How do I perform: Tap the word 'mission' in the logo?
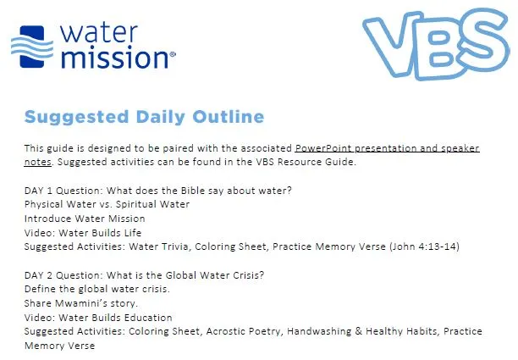point(117,57)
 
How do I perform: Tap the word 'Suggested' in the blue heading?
point(79,117)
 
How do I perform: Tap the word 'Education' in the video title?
point(147,318)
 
